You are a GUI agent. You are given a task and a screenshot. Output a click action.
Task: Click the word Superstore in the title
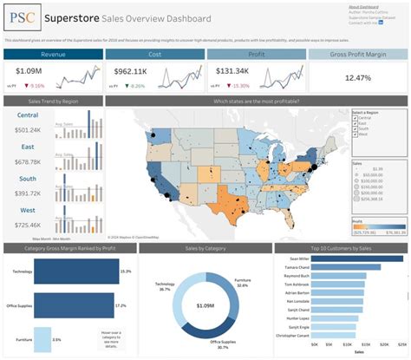click(x=75, y=17)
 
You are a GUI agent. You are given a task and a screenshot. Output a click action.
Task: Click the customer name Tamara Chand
click(x=298, y=267)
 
